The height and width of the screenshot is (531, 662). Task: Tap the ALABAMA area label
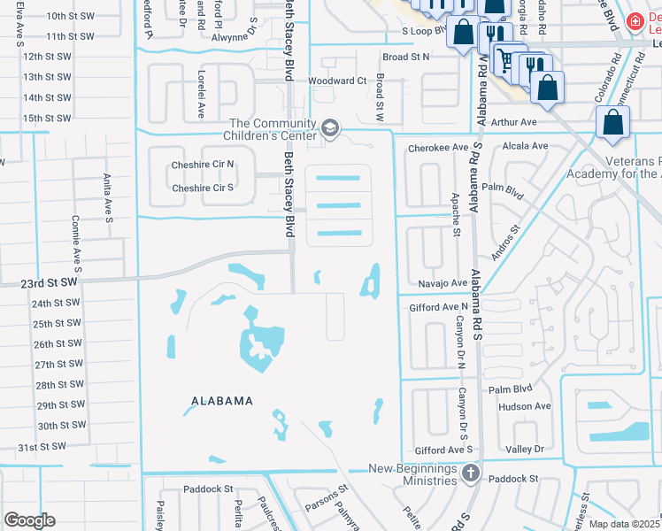pos(221,401)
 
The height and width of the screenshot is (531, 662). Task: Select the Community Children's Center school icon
pos(330,129)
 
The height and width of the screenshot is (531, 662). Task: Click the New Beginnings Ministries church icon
pos(470,473)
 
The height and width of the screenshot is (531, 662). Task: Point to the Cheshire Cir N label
pos(203,164)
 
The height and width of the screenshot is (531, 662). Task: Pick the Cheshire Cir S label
pos(203,188)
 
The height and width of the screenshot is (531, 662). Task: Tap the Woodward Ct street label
pos(336,81)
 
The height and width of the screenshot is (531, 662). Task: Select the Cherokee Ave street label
pos(437,148)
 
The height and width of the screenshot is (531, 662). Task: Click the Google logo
pos(29,520)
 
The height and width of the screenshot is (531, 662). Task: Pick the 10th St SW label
pos(71,16)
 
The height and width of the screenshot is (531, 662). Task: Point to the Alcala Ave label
pos(526,146)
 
